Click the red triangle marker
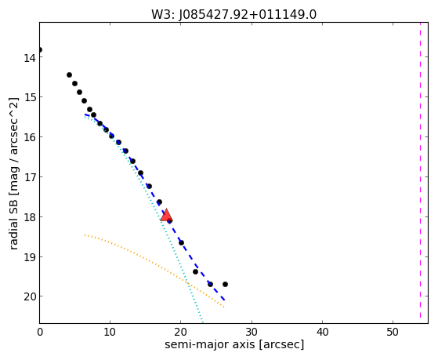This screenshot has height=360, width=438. pyautogui.click(x=166, y=215)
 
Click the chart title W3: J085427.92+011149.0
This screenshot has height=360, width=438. pyautogui.click(x=233, y=15)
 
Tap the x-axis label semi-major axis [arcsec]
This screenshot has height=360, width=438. pyautogui.click(x=234, y=344)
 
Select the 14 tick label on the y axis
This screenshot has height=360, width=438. pyautogui.click(x=29, y=58)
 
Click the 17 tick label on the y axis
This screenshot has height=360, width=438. pyautogui.click(x=29, y=177)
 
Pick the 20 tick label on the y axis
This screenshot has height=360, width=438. pyautogui.click(x=29, y=296)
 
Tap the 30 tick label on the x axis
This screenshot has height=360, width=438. pyautogui.click(x=252, y=332)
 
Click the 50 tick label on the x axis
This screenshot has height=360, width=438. pyautogui.click(x=393, y=332)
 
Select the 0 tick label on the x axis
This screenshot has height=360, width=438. pyautogui.click(x=40, y=332)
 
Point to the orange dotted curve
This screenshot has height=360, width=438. pyautogui.click(x=151, y=263)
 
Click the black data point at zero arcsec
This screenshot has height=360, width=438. pyautogui.click(x=40, y=49)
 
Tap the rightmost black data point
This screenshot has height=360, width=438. pyautogui.click(x=225, y=284)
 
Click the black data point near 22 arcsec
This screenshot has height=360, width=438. pyautogui.click(x=195, y=271)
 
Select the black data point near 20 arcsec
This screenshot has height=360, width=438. pyautogui.click(x=181, y=242)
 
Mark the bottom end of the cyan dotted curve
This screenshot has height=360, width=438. pyautogui.click(x=202, y=322)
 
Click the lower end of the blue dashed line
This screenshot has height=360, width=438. pyautogui.click(x=224, y=300)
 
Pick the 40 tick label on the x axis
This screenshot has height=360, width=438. pyautogui.click(x=322, y=332)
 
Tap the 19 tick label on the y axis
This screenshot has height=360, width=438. pyautogui.click(x=29, y=257)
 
